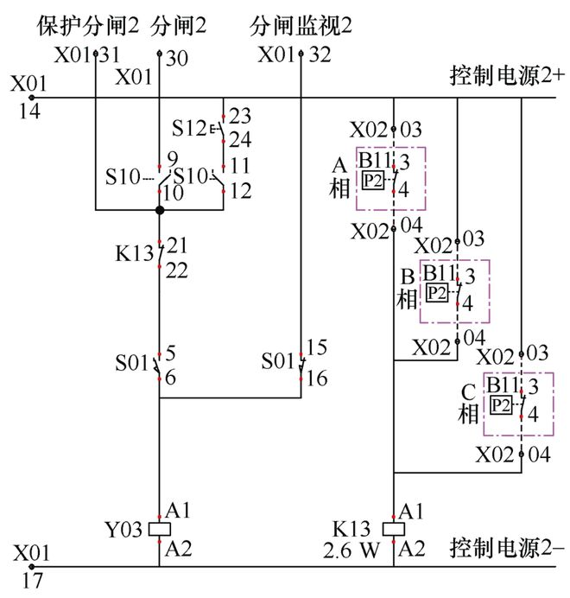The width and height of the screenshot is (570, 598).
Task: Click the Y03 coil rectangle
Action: tap(159, 529)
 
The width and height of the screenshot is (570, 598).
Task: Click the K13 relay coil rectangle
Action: tap(394, 529)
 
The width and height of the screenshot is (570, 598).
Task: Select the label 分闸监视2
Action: tap(302, 25)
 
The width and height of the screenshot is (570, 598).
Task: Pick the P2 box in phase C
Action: tap(500, 405)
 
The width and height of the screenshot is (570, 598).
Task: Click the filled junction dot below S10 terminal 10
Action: tap(159, 210)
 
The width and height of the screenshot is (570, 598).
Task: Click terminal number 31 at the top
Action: tap(110, 56)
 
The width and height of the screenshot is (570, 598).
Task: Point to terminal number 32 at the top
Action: tap(319, 56)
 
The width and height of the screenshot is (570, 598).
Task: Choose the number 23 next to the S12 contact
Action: tap(241, 115)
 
